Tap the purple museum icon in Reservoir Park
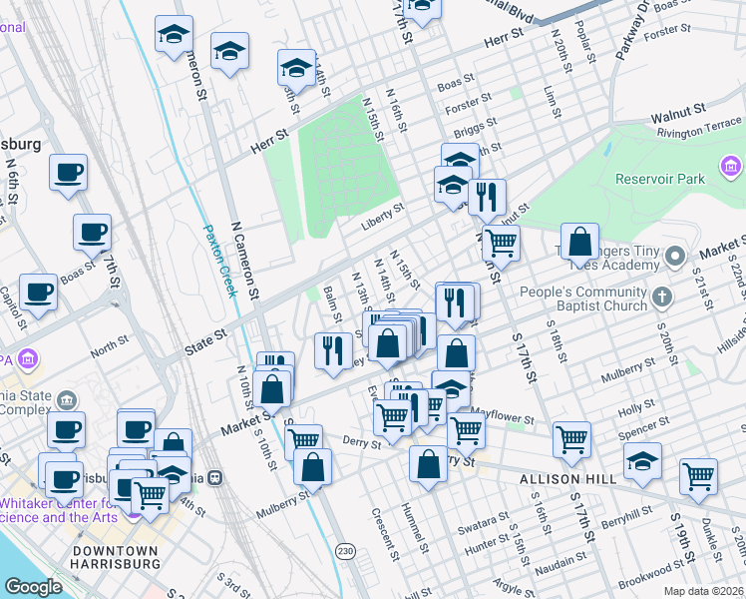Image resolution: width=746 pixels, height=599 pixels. click(730, 165)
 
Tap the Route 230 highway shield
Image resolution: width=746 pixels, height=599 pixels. click(345, 550)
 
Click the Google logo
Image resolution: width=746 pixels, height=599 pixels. click(34, 586)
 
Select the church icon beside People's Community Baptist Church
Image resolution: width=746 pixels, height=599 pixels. click(660, 297)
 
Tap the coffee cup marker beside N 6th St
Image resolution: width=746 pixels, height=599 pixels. click(68, 172)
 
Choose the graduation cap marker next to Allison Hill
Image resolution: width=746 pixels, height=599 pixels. click(641, 461)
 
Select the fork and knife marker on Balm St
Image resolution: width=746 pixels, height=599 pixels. click(332, 349)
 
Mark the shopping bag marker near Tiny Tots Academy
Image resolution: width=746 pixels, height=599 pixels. click(579, 241)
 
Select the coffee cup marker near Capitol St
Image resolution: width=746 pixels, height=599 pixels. click(38, 292)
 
